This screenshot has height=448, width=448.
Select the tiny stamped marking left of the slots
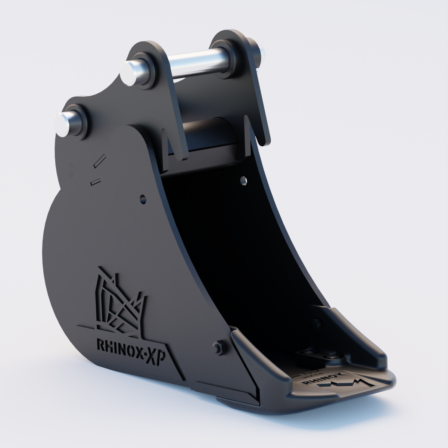click(x=69, y=169)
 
